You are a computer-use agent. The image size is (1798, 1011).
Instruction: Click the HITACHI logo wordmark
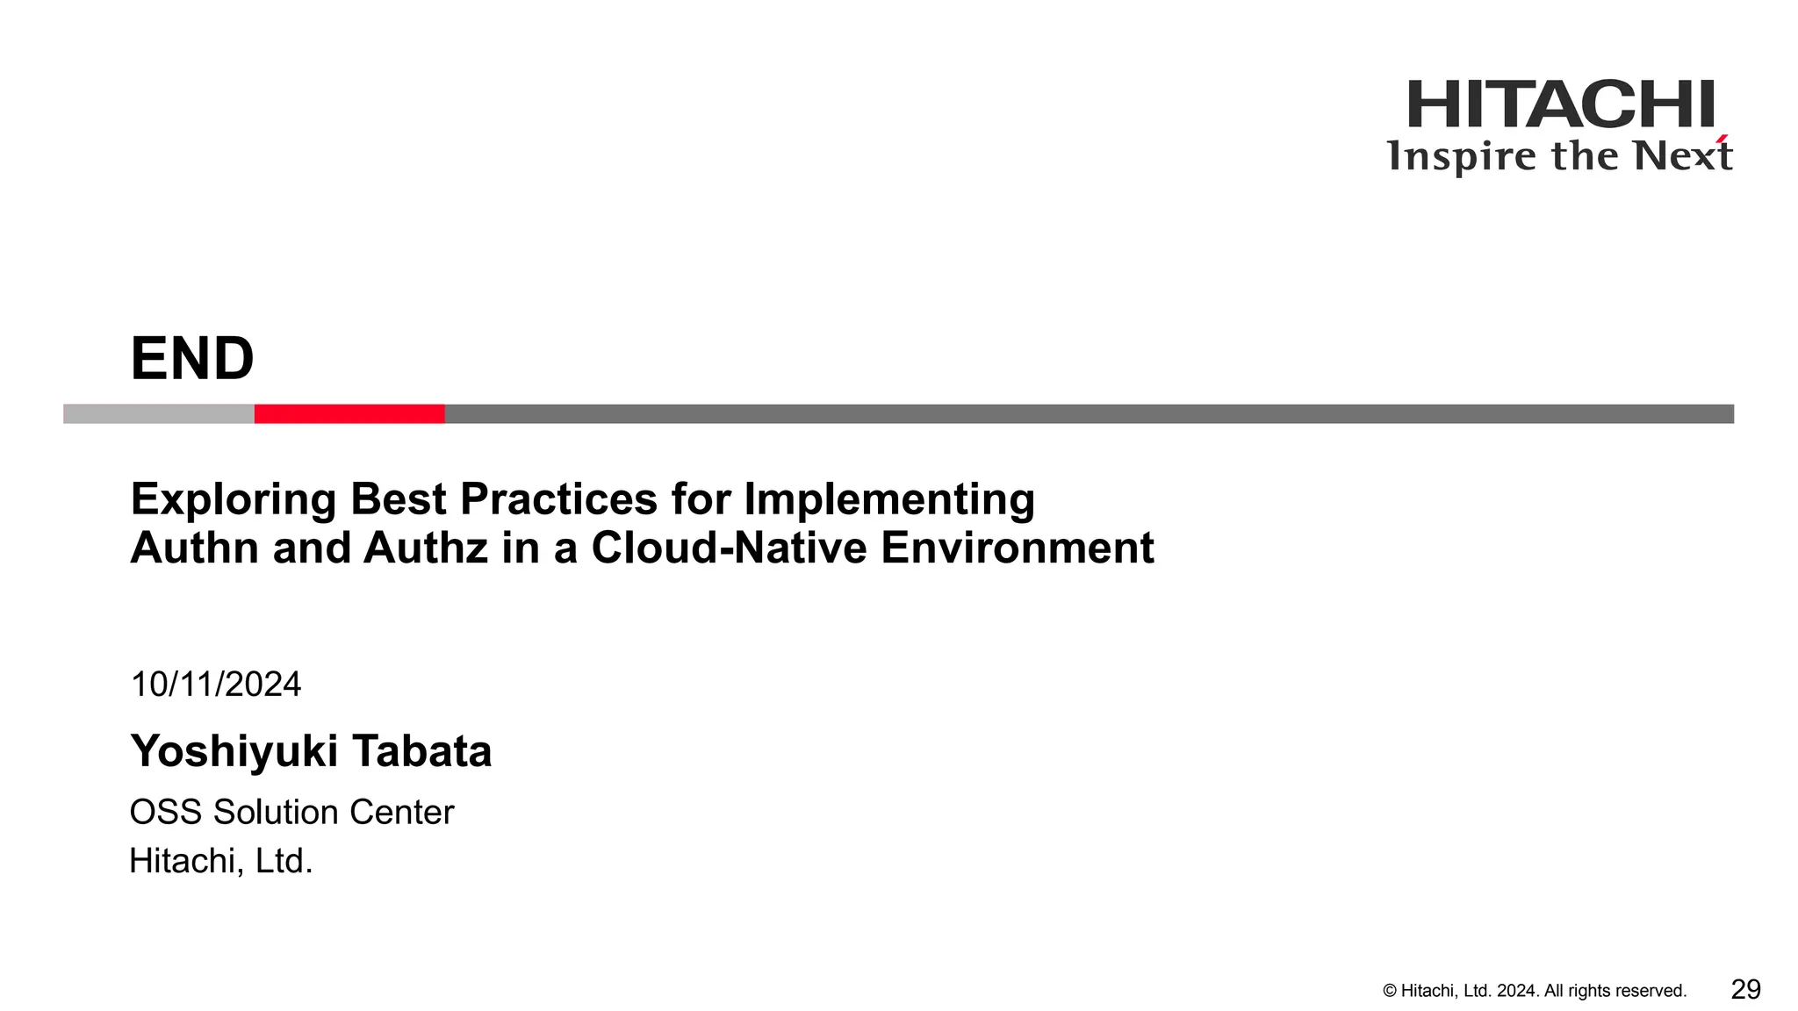pyautogui.click(x=1560, y=104)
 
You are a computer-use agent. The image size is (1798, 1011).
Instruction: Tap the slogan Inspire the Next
pyautogui.click(x=1558, y=156)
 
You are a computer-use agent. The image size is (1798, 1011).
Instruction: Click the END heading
pyautogui.click(x=192, y=359)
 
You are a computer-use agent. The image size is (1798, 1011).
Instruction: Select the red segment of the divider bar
pyautogui.click(x=349, y=414)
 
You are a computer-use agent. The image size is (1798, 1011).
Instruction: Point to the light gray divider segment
pyautogui.click(x=159, y=414)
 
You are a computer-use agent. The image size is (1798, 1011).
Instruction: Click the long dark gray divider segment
pyautogui.click(x=1089, y=414)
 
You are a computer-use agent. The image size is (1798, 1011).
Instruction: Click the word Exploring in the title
pyautogui.click(x=233, y=500)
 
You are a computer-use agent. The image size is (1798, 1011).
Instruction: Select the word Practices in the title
pyautogui.click(x=558, y=500)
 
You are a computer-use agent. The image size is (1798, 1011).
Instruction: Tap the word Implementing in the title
pyautogui.click(x=889, y=500)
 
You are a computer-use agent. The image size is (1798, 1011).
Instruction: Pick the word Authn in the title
pyautogui.click(x=194, y=549)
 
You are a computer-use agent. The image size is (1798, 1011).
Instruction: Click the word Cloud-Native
pyautogui.click(x=729, y=549)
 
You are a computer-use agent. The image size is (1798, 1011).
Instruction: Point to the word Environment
pyautogui.click(x=1017, y=549)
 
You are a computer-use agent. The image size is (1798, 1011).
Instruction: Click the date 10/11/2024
pyautogui.click(x=216, y=685)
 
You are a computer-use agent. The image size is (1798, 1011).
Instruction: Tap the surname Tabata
pyautogui.click(x=422, y=752)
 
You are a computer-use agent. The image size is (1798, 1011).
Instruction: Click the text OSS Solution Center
pyautogui.click(x=291, y=813)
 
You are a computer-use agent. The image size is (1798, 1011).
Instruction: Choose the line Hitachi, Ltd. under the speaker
pyautogui.click(x=221, y=862)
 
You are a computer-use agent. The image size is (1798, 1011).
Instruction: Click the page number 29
pyautogui.click(x=1745, y=990)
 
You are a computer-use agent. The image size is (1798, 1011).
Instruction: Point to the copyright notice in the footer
pyautogui.click(x=1535, y=991)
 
